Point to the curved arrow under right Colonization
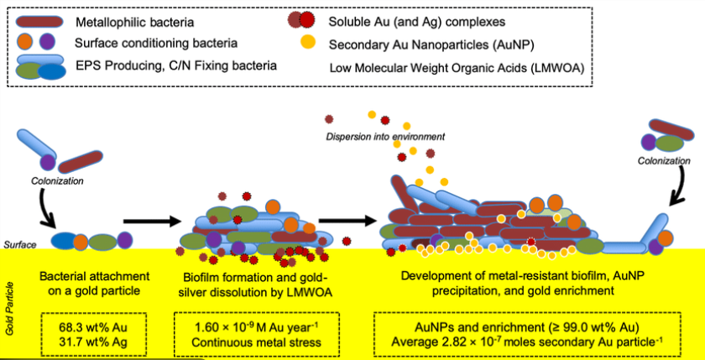(x=676, y=198)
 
